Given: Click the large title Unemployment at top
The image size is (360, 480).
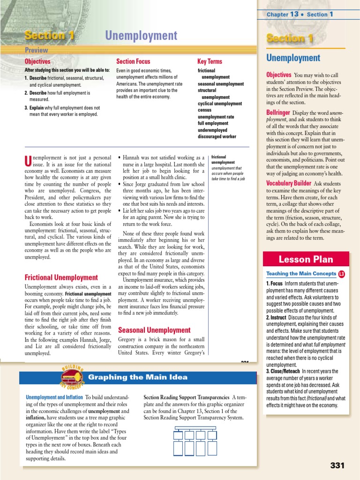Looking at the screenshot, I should [x=141, y=36].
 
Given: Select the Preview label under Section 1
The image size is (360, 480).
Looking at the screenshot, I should [x=36, y=50].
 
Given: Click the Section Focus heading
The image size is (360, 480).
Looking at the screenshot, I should [x=133, y=61].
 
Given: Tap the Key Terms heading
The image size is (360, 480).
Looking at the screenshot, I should [x=210, y=61].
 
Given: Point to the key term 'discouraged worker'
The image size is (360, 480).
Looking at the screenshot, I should [x=217, y=136].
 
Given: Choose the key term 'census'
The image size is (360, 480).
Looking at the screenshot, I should [x=205, y=110].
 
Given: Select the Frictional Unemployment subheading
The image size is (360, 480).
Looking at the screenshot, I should [x=61, y=277].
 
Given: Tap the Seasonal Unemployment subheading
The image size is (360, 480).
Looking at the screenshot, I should [x=154, y=330].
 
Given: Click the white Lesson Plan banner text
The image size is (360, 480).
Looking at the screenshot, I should [x=306, y=259].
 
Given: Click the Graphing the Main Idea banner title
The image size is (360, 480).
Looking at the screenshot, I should [x=138, y=377].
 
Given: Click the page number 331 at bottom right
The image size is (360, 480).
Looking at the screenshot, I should [x=337, y=465].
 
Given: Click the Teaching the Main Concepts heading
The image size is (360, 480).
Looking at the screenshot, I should [x=300, y=274].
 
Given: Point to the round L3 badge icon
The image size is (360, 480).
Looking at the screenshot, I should [x=341, y=274].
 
